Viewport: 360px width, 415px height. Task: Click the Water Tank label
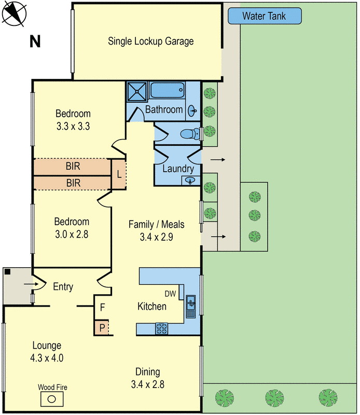[x=265, y=16]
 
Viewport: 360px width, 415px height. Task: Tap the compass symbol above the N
[x=14, y=14]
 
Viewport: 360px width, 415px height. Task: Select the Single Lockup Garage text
[x=151, y=41]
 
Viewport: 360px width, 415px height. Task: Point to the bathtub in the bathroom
[x=167, y=92]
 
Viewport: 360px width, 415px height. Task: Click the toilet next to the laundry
[x=190, y=134]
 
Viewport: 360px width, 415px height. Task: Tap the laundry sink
[x=190, y=181]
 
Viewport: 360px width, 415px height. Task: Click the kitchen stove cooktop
[x=162, y=328]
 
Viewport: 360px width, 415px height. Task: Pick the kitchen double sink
[x=190, y=306]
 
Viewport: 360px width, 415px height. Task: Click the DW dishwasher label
[x=171, y=294]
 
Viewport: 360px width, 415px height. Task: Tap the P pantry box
[x=102, y=328]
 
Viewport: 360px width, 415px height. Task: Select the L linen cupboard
[x=119, y=174]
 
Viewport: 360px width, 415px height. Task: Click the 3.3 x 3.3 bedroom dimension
[x=73, y=126]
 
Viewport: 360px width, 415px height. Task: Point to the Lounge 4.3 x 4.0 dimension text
[x=47, y=357]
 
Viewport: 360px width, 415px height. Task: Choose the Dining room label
[x=147, y=371]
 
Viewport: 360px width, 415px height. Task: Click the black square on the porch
[x=7, y=271]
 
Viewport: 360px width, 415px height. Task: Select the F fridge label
[x=102, y=307]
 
